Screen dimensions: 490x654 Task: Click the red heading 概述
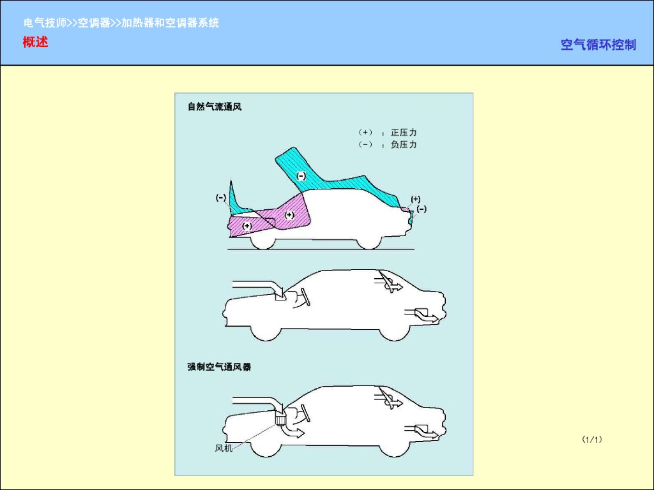coord(36,43)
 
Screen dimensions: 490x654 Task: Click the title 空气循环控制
coord(598,45)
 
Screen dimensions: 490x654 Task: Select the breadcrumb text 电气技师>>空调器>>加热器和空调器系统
coord(121,23)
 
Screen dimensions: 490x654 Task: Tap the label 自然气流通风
coord(215,107)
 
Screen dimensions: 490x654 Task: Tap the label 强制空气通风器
coord(219,367)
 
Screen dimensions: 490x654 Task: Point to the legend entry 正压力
coord(404,133)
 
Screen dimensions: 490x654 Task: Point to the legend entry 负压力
coord(404,145)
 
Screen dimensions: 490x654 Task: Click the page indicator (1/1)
coord(592,439)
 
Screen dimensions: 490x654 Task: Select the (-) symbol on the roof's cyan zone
coord(301,175)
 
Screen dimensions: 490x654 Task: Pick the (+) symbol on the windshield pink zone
coord(289,215)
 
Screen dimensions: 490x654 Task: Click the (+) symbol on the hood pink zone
coord(247,226)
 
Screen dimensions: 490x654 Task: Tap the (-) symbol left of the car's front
coord(220,198)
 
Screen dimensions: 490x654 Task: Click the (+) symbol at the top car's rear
coord(415,199)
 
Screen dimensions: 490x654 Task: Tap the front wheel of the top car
coord(263,241)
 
